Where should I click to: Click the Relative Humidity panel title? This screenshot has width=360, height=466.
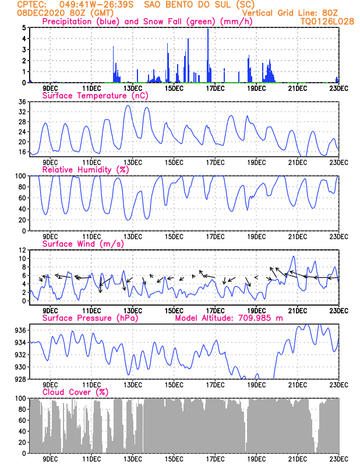pyautogui.click(x=84, y=170)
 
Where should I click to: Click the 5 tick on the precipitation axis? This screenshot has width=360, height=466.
pyautogui.click(x=24, y=27)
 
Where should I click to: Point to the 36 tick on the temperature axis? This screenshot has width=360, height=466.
pyautogui.click(x=22, y=102)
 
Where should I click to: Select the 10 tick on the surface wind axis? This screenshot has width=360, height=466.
pyautogui.click(x=22, y=258)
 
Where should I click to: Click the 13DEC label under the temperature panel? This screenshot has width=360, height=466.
pyautogui.click(x=132, y=161)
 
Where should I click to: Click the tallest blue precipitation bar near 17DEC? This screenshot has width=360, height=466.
pyautogui.click(x=208, y=55)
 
